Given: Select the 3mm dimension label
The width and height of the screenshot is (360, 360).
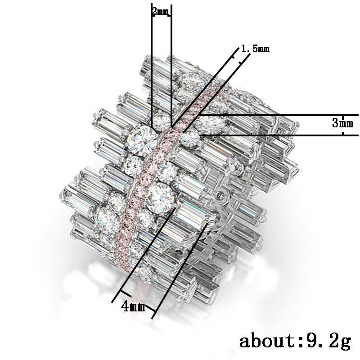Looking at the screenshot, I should point(342,123).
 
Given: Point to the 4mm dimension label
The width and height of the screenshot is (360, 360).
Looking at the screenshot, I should point(133,307).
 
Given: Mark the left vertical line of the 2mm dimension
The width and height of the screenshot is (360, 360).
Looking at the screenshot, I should point(152,67).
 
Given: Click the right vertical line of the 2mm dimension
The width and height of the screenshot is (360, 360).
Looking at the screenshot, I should point(171,67).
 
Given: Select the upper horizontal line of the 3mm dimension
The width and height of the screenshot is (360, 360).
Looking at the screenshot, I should point(279,115).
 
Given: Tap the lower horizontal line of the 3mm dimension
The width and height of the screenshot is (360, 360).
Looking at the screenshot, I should point(279,135).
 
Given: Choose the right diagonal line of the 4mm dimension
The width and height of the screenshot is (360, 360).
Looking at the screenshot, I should point(180,270).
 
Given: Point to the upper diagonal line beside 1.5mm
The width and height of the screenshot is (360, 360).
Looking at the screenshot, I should point(202,85).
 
